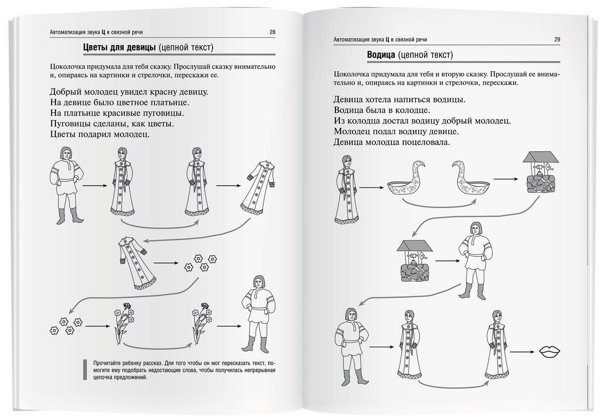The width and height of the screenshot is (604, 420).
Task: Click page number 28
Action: [x=272, y=32]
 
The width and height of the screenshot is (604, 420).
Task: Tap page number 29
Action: [x=557, y=40]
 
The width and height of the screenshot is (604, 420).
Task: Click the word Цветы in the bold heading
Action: [x=96, y=47]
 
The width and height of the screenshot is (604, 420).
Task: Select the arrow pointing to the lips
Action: [x=523, y=351]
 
